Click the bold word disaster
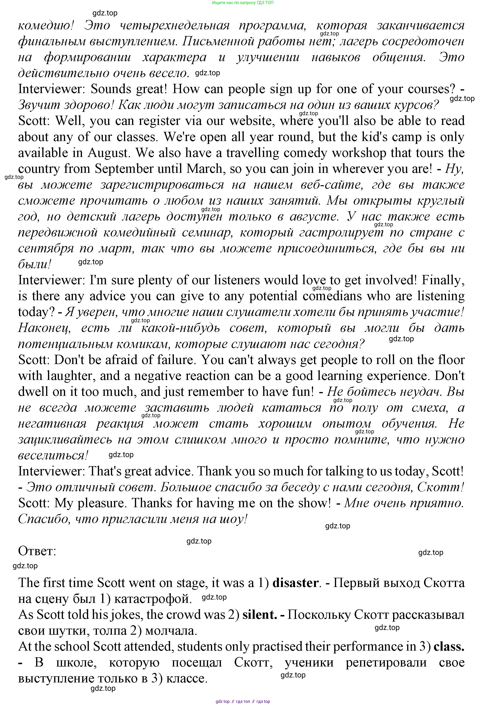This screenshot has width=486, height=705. coord(295,583)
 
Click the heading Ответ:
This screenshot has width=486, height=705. coord(37,551)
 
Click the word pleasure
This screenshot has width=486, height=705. coord(102,503)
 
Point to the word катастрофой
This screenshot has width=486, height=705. coord(153,599)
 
